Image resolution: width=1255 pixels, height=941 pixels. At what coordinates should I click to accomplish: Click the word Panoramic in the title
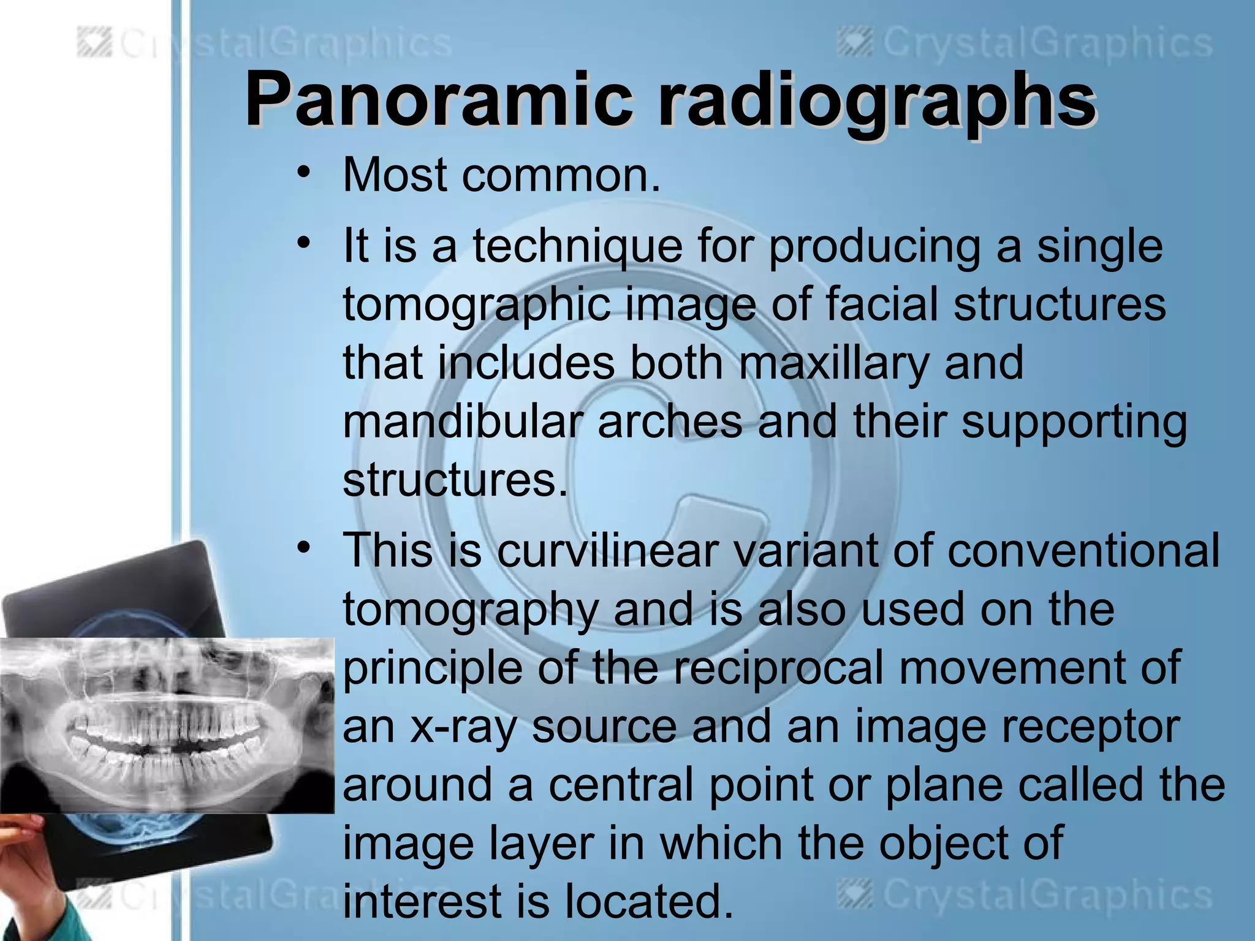[438, 99]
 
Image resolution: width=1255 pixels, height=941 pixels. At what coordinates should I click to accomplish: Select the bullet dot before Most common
[302, 173]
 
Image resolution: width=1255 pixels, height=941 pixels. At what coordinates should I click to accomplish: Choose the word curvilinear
[607, 550]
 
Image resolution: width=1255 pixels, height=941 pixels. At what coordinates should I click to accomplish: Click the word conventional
[1083, 550]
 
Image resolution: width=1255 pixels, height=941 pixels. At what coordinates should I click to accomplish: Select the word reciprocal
[779, 667]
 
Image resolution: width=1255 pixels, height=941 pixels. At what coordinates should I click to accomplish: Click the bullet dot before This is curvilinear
[302, 546]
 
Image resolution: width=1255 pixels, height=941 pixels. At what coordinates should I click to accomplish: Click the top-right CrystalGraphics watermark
[1025, 44]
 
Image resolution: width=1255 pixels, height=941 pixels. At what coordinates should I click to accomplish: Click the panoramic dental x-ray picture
[167, 725]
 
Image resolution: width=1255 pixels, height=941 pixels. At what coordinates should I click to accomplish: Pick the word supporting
[1074, 421]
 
